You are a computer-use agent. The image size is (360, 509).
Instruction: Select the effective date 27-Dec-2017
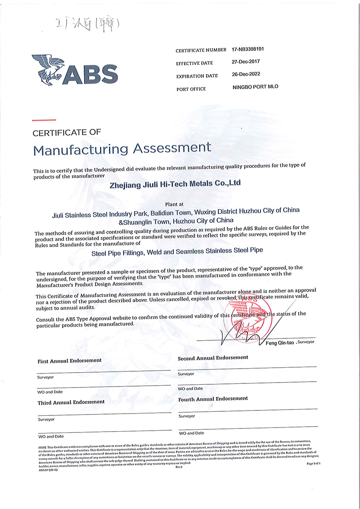click(247, 62)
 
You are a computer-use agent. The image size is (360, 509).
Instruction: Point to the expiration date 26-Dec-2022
click(247, 74)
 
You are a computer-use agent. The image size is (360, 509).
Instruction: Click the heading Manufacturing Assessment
click(122, 148)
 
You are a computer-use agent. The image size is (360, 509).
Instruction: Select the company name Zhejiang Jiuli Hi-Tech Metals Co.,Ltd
click(175, 184)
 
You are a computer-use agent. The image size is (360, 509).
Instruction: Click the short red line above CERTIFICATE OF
click(44, 120)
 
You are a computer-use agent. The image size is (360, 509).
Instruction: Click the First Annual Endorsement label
click(69, 361)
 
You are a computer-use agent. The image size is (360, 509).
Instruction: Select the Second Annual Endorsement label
click(213, 358)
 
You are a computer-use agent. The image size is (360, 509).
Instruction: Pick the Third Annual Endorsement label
click(71, 402)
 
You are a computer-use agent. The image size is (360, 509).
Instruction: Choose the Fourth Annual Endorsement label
click(213, 399)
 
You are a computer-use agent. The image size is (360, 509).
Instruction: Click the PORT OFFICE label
click(191, 89)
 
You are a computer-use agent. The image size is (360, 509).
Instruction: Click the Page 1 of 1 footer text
click(313, 463)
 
